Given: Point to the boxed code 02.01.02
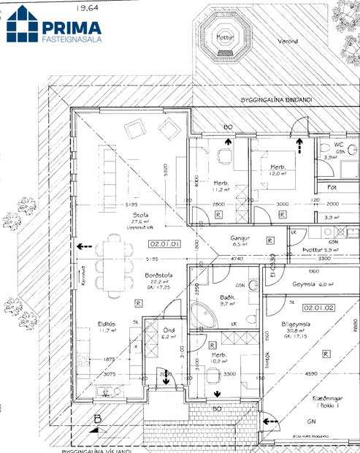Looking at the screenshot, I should point(318,308).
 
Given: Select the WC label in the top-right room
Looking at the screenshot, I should point(338,144).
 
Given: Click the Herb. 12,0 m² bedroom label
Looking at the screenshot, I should point(276,170).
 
